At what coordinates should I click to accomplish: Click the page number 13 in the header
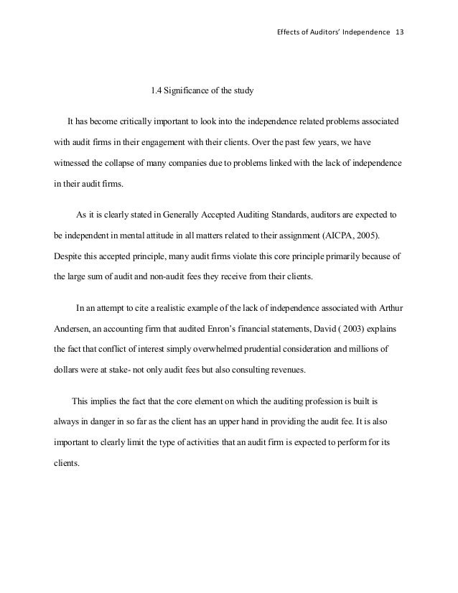click(x=400, y=34)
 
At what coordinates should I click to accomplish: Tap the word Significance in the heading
click(x=189, y=91)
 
